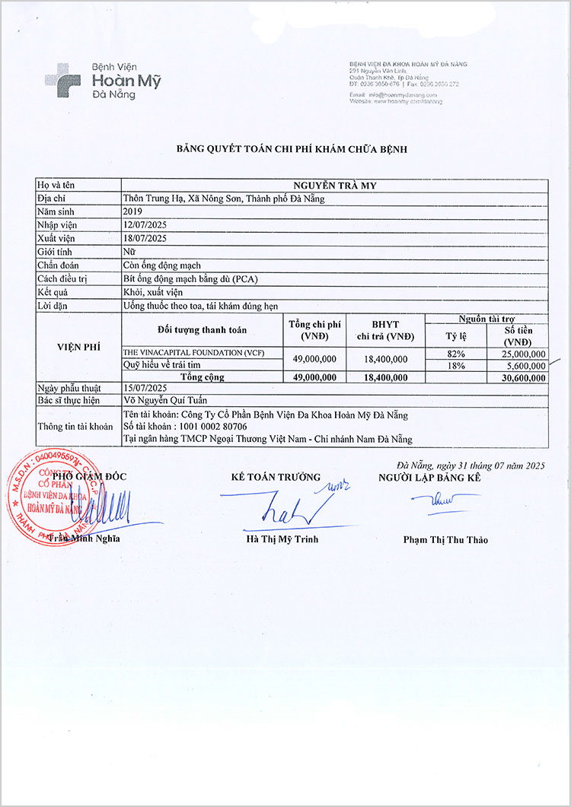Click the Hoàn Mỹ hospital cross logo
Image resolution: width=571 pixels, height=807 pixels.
tap(63, 78)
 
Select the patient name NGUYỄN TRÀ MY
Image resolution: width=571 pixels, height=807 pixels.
tap(334, 185)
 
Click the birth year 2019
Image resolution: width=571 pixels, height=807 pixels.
tap(133, 211)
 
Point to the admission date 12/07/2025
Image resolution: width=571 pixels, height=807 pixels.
tap(145, 225)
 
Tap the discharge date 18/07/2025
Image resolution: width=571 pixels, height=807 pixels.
tap(145, 238)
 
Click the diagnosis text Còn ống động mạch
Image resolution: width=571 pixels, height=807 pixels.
tap(162, 265)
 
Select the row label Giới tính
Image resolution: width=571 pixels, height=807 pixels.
tap(58, 251)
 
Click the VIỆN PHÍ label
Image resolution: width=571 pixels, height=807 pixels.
tap(78, 346)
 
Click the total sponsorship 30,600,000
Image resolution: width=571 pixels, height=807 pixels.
tap(519, 377)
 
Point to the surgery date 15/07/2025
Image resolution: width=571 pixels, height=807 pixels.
tap(145, 389)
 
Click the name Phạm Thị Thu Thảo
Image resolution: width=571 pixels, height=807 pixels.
tap(445, 540)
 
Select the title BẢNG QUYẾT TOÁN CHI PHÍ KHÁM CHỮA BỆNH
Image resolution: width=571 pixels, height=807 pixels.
tap(292, 149)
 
